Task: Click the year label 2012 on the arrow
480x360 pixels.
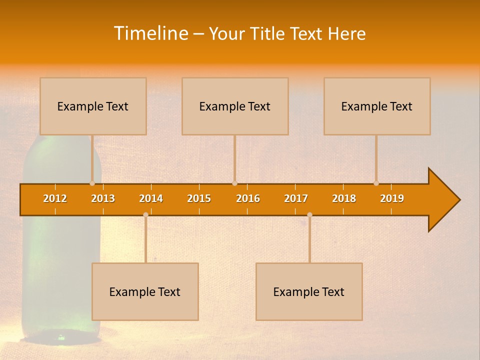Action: pyautogui.click(x=55, y=198)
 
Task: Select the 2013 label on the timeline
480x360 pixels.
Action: pyautogui.click(x=103, y=198)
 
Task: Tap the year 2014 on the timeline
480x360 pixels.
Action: pyautogui.click(x=151, y=198)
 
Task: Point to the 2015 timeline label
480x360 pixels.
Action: pyautogui.click(x=199, y=198)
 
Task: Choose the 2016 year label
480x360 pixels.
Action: pyautogui.click(x=248, y=198)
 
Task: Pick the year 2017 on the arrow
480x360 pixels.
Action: pyautogui.click(x=296, y=198)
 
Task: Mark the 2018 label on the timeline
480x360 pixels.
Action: pyautogui.click(x=344, y=198)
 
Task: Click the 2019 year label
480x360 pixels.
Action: pyautogui.click(x=392, y=198)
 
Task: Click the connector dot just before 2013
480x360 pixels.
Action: pyautogui.click(x=92, y=183)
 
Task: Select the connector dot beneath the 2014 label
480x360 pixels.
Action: pyautogui.click(x=145, y=214)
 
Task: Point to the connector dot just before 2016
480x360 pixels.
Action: pyautogui.click(x=234, y=183)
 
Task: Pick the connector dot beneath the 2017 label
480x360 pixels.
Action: pyautogui.click(x=309, y=214)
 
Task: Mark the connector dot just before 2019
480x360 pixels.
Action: pyautogui.click(x=376, y=183)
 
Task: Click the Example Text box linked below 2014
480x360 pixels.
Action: pyautogui.click(x=145, y=291)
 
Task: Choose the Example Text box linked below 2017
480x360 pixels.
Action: pyautogui.click(x=309, y=291)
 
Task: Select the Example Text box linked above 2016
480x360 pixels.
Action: pyautogui.click(x=235, y=106)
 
